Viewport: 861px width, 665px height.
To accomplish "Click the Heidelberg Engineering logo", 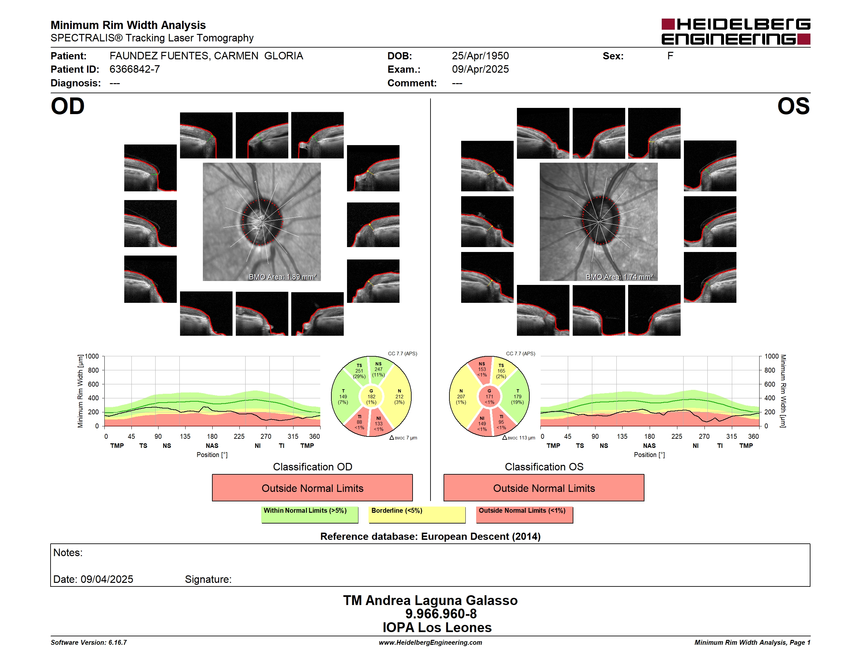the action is point(736,32).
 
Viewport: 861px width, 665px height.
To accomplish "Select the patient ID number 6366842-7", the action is point(134,69).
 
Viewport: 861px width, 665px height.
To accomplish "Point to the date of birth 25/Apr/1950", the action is point(480,56).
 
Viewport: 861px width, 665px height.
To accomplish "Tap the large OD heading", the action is point(68,106).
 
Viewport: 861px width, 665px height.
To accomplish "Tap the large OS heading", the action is point(793,106).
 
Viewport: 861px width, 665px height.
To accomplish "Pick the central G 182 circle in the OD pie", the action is point(371,397).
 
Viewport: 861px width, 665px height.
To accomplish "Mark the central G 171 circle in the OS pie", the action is point(489,397).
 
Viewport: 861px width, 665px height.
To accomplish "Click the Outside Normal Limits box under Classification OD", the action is point(312,488).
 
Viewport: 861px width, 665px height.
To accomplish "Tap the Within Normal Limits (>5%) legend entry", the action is point(310,514).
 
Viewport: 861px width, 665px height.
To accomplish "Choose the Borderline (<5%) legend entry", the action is point(417,514).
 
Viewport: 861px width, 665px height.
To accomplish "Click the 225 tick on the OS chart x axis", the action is point(676,436).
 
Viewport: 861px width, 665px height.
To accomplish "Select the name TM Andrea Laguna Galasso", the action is point(430,600).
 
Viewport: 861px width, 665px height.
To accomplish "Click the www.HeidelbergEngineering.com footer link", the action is point(430,643).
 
